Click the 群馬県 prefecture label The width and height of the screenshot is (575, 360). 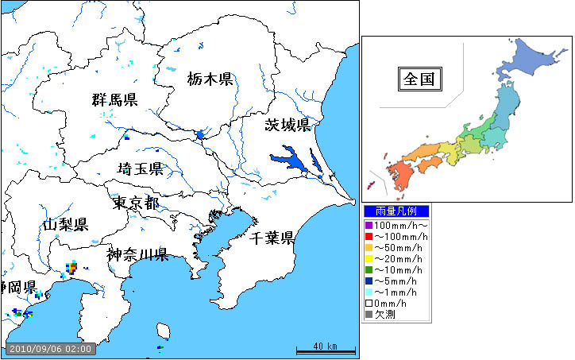114,100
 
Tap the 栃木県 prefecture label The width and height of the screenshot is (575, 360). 210,79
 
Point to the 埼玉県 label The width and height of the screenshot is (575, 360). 140,168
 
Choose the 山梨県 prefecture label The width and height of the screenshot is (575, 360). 65,225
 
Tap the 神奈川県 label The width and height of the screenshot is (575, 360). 137,255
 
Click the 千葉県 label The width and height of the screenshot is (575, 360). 272,238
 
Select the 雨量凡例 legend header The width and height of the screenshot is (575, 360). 396,211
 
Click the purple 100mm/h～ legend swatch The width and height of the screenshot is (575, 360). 369,226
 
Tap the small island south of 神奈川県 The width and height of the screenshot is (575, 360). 164,330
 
